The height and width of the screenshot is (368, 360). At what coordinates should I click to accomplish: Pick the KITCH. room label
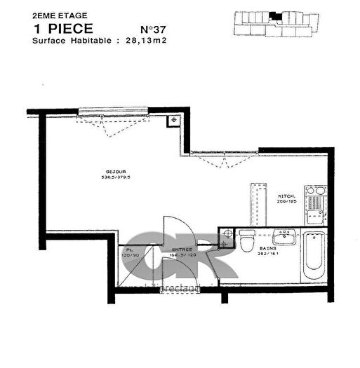[286, 196]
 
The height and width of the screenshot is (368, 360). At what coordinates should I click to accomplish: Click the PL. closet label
[130, 250]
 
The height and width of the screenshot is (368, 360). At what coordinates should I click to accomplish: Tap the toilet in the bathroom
[245, 241]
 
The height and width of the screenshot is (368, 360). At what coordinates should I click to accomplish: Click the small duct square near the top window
[171, 121]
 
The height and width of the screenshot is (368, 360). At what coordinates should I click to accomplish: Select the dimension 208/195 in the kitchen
[286, 201]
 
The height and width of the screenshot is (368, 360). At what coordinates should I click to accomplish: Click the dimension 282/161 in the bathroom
[269, 254]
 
